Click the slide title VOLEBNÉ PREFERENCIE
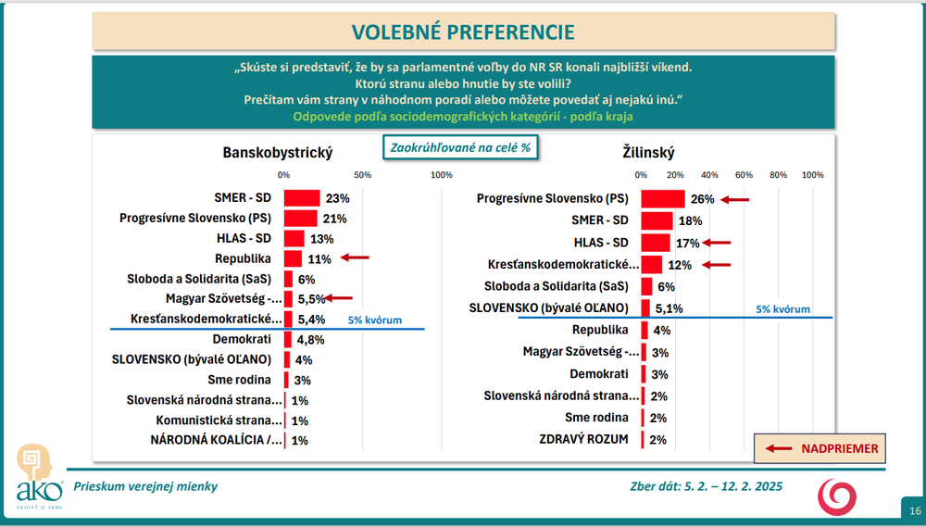point(462,32)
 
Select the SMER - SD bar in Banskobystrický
point(302,197)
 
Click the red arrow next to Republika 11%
point(356,258)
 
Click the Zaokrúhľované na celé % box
point(461,147)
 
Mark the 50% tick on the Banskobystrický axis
point(363,175)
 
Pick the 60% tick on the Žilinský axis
point(744,175)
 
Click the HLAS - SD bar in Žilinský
point(656,243)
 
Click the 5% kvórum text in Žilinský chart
point(783,309)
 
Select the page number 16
point(915,510)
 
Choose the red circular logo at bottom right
point(837,496)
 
